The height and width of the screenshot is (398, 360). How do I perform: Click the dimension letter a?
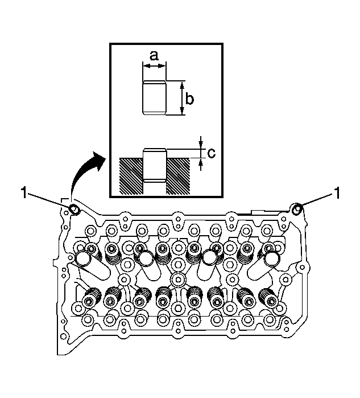tap(154, 56)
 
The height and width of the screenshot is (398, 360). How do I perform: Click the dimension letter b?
tap(189, 99)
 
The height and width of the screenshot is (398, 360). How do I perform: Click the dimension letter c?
tap(211, 153)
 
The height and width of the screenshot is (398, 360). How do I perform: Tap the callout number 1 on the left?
tap(24, 193)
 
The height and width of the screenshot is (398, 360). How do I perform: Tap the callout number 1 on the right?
tap(337, 193)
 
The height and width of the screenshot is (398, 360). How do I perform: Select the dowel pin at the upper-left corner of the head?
tap(74, 210)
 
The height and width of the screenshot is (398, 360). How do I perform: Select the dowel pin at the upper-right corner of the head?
tap(297, 209)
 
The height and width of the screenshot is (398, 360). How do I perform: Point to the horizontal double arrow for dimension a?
tap(154, 66)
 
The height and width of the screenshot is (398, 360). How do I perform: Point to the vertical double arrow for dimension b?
tap(182, 98)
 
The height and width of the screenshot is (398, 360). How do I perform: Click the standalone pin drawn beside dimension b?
tap(154, 98)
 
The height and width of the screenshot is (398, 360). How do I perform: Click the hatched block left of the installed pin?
tap(131, 176)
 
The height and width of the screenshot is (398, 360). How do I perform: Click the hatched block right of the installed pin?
tap(178, 176)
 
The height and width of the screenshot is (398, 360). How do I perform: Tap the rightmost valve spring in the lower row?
tap(269, 298)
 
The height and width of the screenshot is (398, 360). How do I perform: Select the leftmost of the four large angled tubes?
tap(92, 265)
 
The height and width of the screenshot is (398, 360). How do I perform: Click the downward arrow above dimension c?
tap(201, 143)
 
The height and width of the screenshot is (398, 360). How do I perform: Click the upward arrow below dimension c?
tap(201, 164)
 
